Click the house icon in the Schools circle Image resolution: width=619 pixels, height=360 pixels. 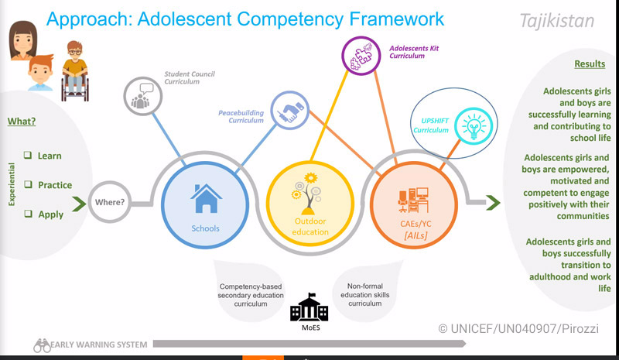206,198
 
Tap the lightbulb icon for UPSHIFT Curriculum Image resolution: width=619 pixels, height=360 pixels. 474,126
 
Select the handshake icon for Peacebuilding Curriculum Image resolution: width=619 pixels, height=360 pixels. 289,110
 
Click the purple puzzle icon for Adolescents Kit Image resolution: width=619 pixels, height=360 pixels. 361,56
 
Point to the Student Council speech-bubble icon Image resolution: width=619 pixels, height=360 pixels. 142,96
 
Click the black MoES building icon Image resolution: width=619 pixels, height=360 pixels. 309,307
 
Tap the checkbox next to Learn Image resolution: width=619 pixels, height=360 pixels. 28,155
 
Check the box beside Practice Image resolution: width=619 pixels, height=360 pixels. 28,184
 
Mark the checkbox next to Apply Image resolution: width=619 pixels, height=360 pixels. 28,214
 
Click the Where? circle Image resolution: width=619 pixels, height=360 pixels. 109,202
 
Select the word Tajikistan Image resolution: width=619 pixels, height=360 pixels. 557,21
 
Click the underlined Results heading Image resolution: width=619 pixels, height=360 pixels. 590,64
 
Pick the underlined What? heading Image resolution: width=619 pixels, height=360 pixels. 22,122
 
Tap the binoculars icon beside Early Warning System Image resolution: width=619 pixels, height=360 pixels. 42,345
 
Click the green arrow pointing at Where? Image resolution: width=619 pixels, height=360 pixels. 79,204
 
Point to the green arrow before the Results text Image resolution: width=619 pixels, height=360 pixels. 493,203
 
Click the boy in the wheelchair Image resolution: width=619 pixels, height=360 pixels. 74,71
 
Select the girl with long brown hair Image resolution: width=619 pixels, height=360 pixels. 22,40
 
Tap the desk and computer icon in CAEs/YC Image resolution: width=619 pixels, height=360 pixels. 413,200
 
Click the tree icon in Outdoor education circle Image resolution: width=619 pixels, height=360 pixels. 306,194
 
